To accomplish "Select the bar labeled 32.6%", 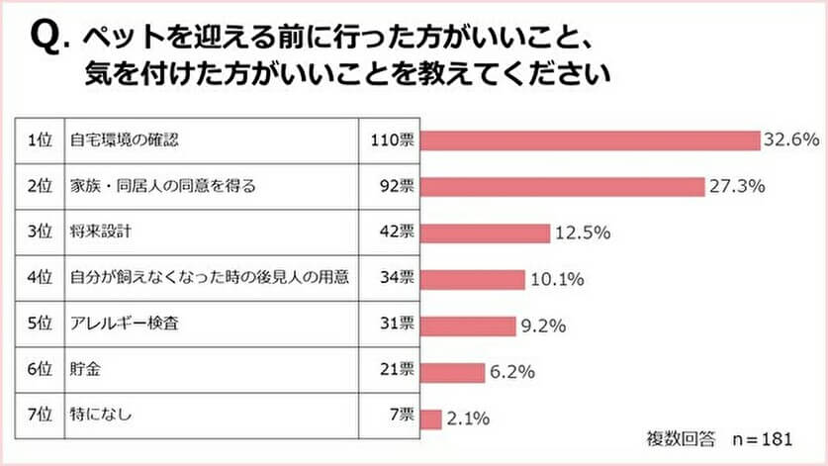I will tap(590, 140).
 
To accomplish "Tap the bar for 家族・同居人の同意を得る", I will tap(562, 186).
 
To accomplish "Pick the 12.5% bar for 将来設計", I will tap(485, 233).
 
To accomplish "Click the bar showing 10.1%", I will tap(472, 280).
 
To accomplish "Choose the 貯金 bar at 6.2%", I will tap(452, 373).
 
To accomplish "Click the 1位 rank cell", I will tap(40, 140).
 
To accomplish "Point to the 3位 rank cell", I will tap(40, 233).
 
